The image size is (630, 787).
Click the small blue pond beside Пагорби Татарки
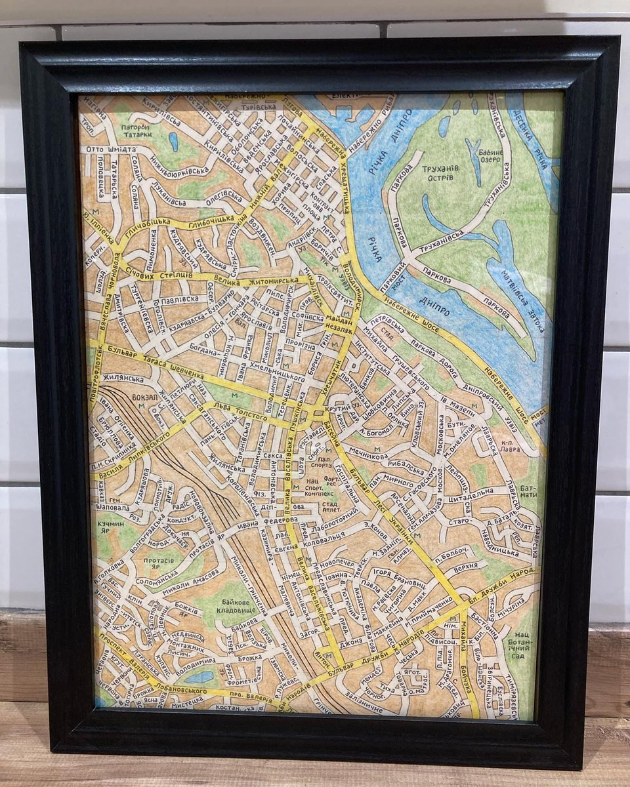pos(173,142)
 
